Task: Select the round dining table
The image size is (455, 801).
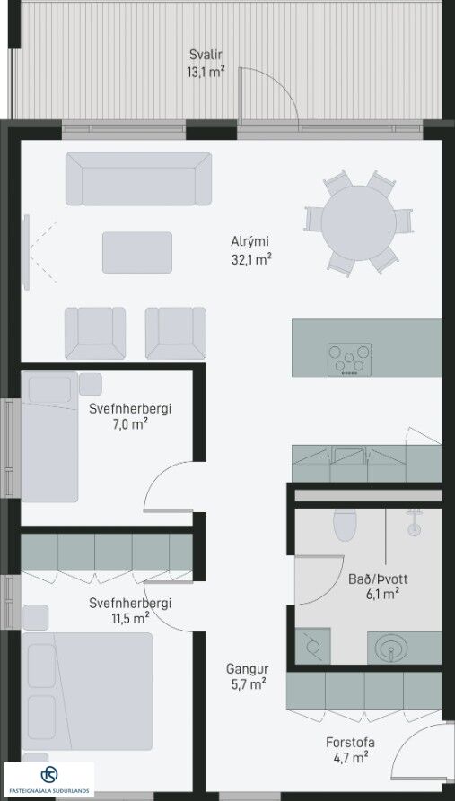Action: pyautogui.click(x=359, y=223)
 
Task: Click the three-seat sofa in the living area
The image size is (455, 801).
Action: pyautogui.click(x=138, y=178)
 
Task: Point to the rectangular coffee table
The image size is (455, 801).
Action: pyautogui.click(x=137, y=252)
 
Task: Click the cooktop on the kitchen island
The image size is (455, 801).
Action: pyautogui.click(x=350, y=360)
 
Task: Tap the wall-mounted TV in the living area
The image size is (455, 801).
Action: pyautogui.click(x=26, y=252)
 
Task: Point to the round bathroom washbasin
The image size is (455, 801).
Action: pyautogui.click(x=391, y=649)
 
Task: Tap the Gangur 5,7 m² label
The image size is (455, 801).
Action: pyautogui.click(x=248, y=676)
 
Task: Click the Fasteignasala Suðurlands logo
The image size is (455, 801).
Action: pyautogui.click(x=49, y=779)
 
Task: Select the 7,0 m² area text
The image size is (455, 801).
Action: pyautogui.click(x=130, y=423)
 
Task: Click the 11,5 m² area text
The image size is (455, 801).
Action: pyautogui.click(x=130, y=618)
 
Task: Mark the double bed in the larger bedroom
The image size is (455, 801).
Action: pyautogui.click(x=87, y=692)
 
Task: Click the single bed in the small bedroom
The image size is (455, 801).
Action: pyautogui.click(x=49, y=437)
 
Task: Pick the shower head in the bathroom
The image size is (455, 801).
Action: pyautogui.click(x=414, y=524)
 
